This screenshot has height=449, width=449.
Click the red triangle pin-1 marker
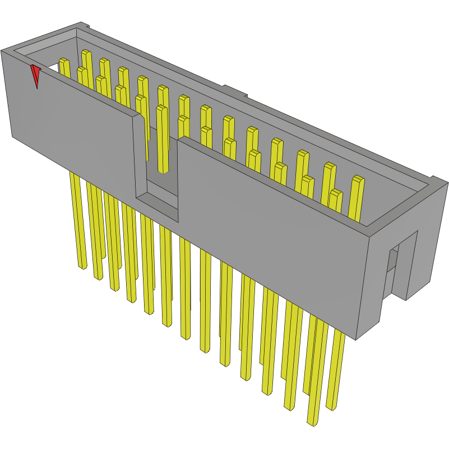[x=36, y=75]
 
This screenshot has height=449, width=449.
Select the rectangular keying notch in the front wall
[x=158, y=168]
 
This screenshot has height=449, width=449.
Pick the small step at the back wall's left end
[x=84, y=25]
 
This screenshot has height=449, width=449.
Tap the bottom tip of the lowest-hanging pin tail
[x=312, y=422]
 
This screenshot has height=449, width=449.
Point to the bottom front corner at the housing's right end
[x=357, y=338]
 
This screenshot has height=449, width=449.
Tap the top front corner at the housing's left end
[x=3, y=51]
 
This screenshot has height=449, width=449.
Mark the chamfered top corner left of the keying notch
[x=136, y=117]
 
